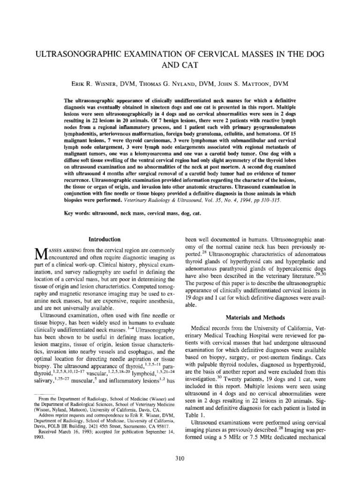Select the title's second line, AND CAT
180,61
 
